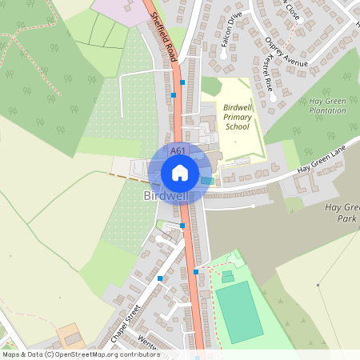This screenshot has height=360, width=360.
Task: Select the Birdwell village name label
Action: [166, 196]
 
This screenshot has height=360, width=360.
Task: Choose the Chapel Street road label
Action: [126, 322]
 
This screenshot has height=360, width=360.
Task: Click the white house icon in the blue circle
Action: [180, 172]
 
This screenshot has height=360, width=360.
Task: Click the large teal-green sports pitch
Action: [238, 311]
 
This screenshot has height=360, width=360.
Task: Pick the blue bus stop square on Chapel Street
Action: [160, 278]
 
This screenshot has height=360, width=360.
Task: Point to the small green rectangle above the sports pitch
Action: [227, 276]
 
